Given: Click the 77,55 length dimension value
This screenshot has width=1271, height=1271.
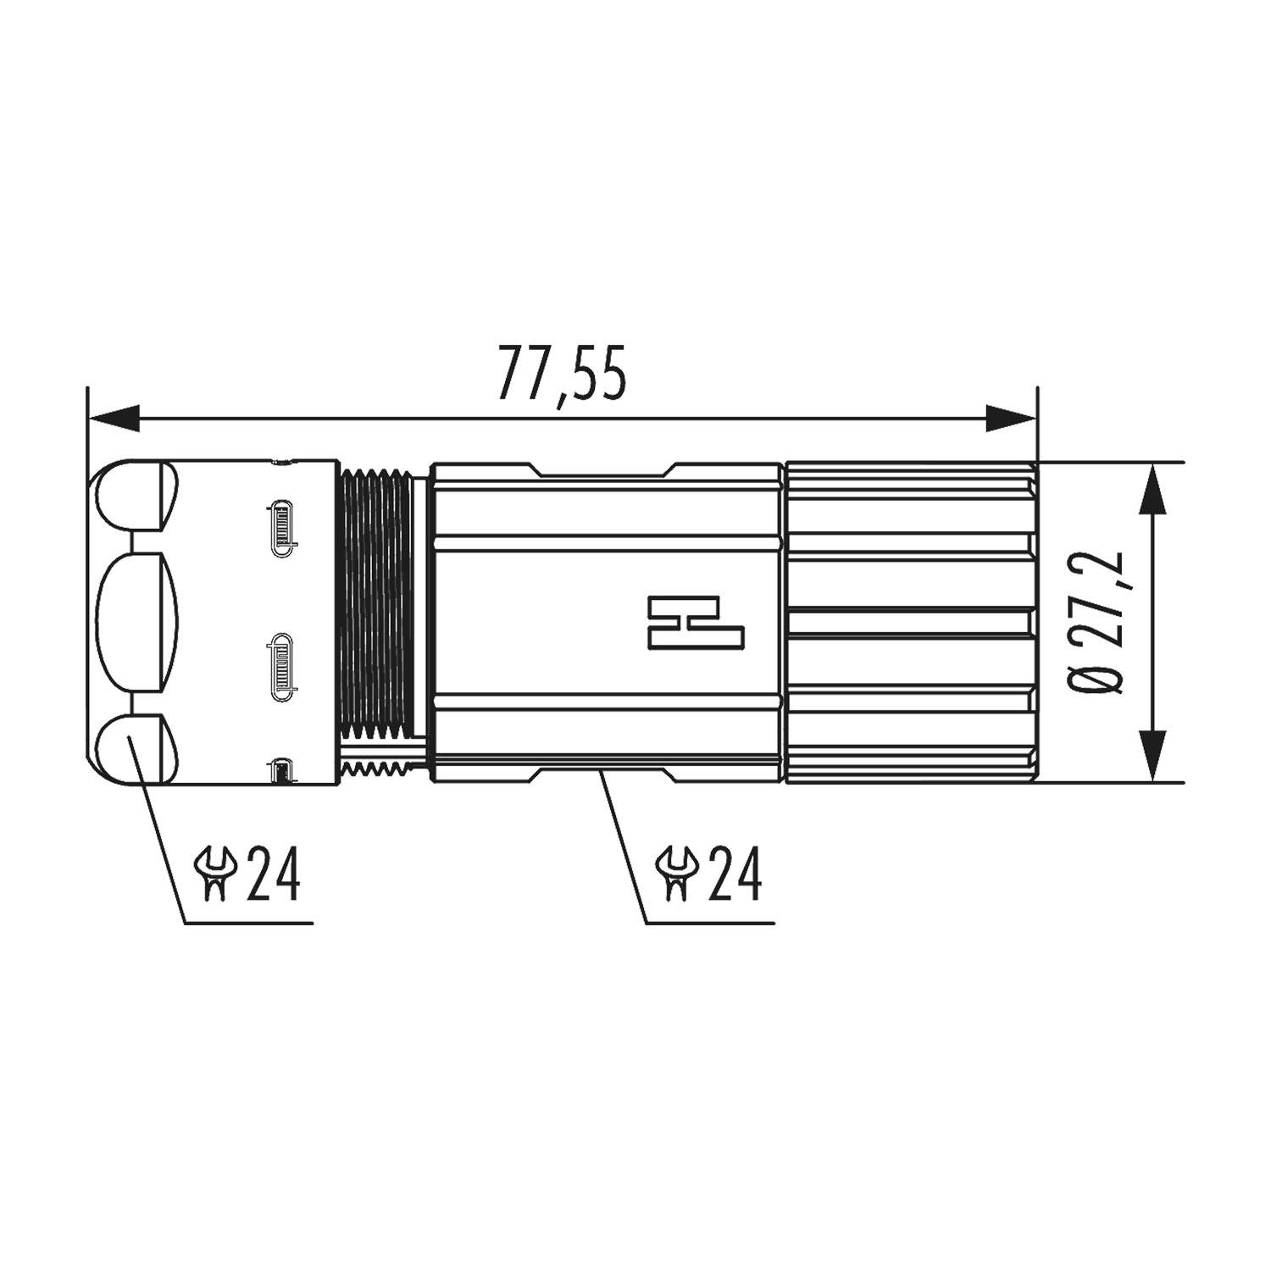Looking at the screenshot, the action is (562, 371).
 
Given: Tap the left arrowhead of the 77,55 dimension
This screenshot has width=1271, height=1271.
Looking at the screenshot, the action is (114, 419).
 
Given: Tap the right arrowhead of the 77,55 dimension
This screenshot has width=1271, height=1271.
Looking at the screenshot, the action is (1010, 419).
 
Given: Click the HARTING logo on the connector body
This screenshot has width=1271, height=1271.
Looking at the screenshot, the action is (696, 623).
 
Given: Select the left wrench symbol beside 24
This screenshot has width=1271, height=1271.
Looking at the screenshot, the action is (214, 874).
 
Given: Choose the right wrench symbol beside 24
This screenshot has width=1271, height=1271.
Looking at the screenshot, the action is (676, 874).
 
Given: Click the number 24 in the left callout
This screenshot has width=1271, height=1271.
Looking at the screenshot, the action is (273, 874).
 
